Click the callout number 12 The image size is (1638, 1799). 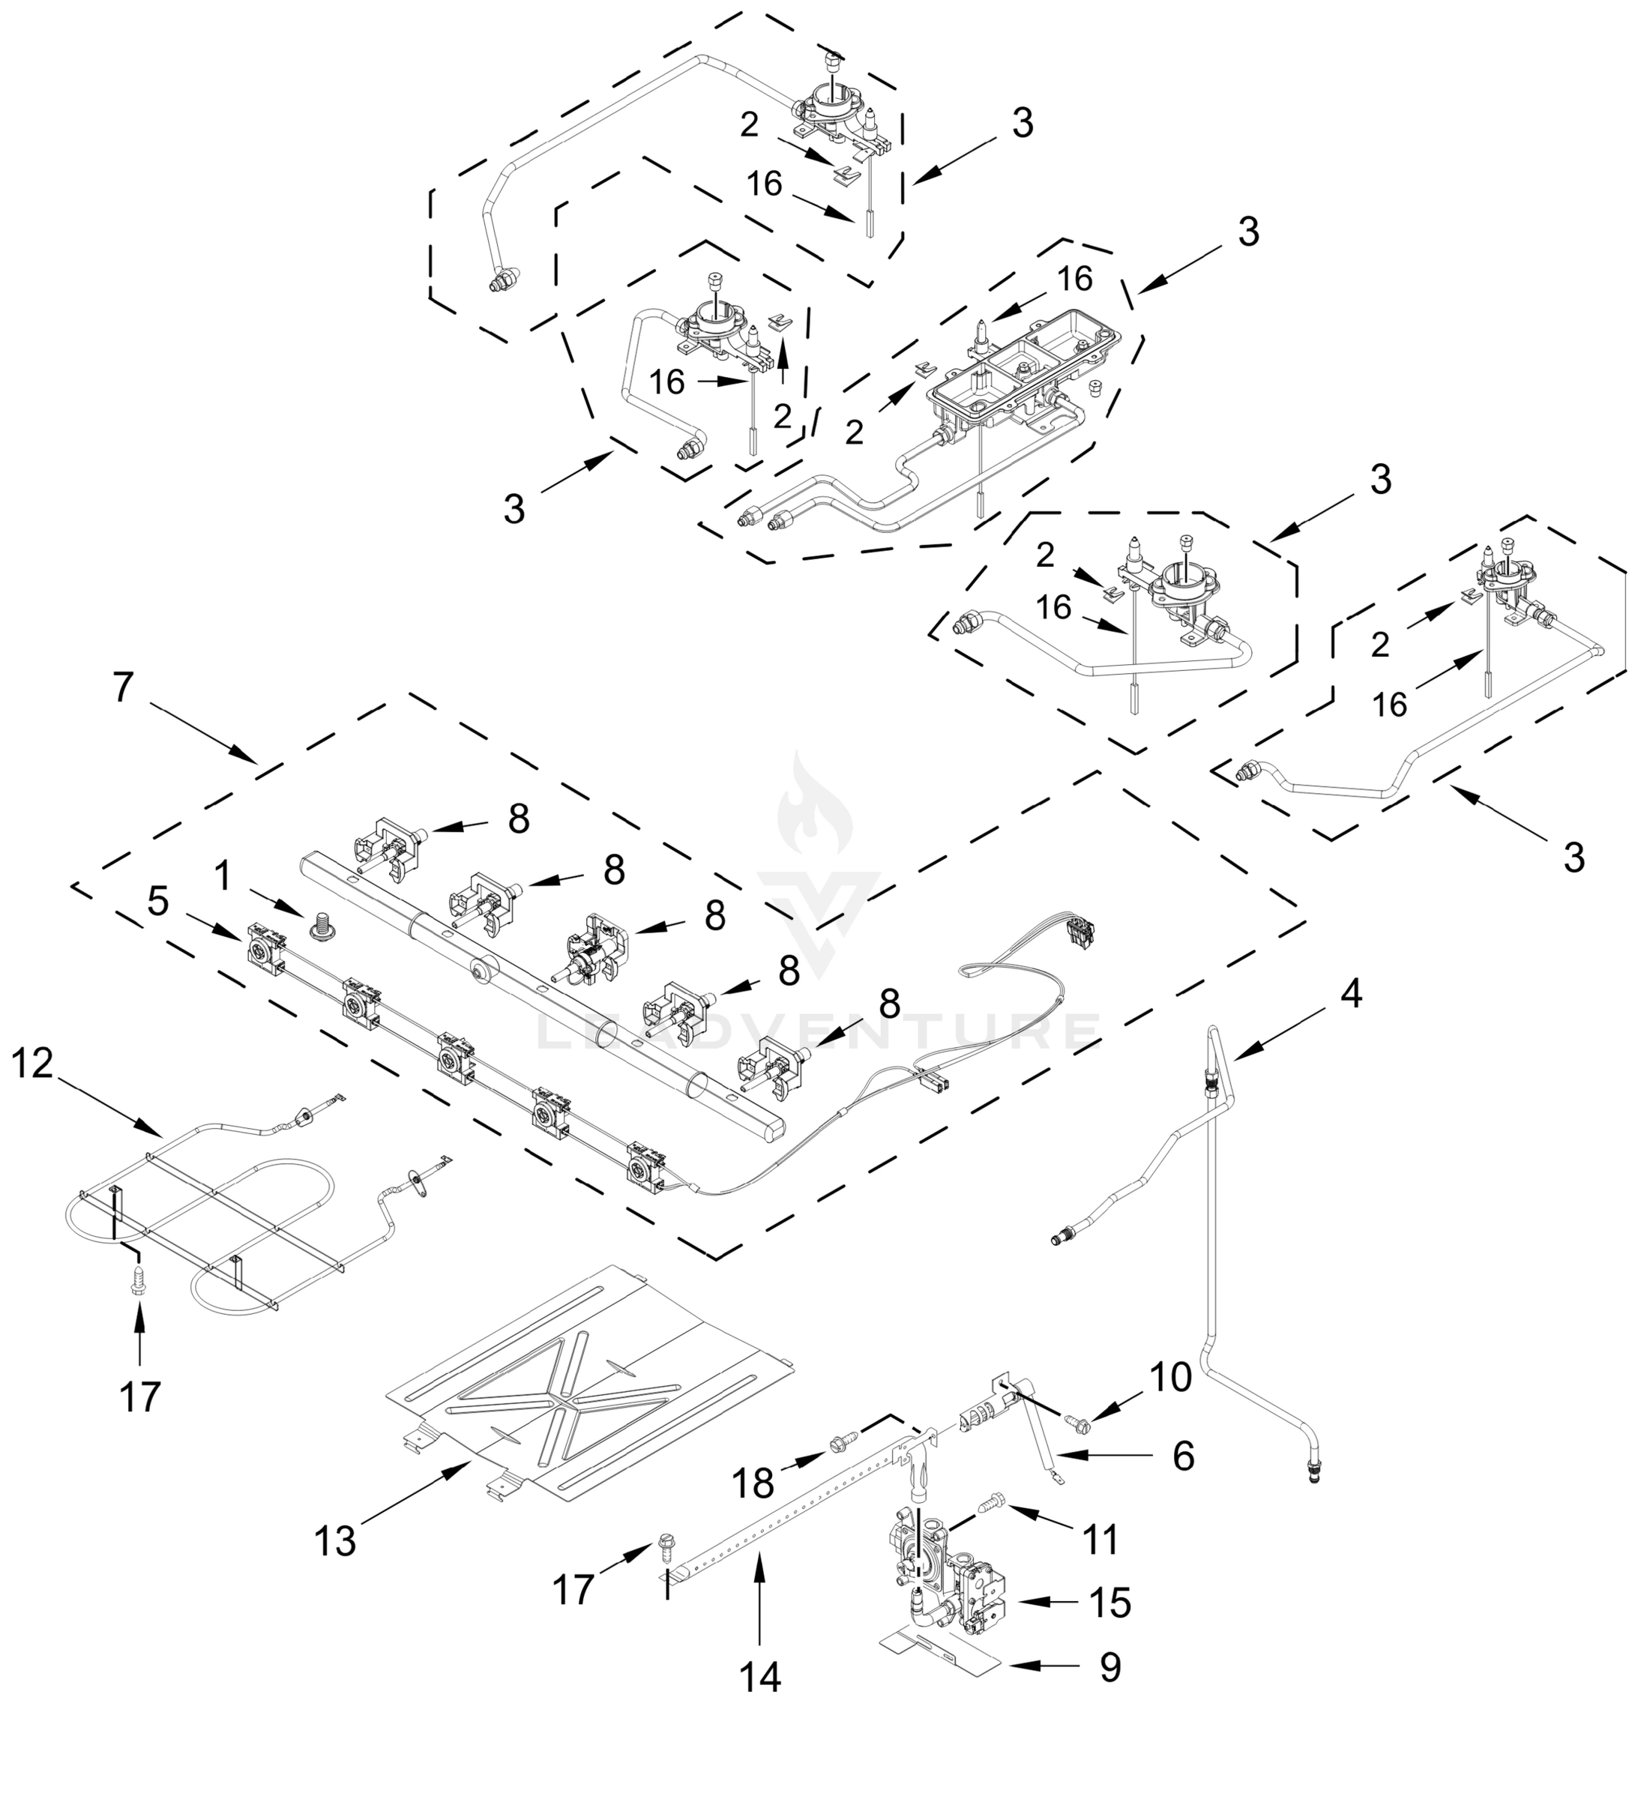tap(32, 1064)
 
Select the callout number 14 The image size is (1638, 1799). tap(759, 1678)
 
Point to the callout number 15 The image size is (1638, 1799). tap(1110, 1603)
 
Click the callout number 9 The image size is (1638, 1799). tap(1109, 1667)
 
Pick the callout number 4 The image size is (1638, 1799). tap(1352, 994)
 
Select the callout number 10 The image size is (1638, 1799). tap(1169, 1378)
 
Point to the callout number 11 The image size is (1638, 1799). tap(1100, 1540)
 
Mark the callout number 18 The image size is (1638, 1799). tap(753, 1484)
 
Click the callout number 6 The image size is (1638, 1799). tap(1183, 1456)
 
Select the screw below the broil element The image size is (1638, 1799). tap(139, 1278)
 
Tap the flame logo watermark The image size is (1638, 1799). tap(815, 807)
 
